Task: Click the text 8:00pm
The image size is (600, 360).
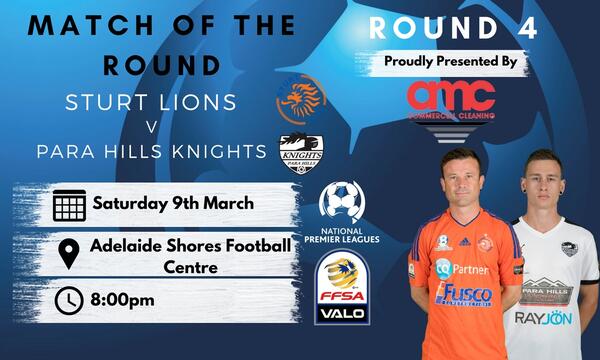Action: [126, 299]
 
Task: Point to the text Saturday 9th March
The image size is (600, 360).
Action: [173, 204]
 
